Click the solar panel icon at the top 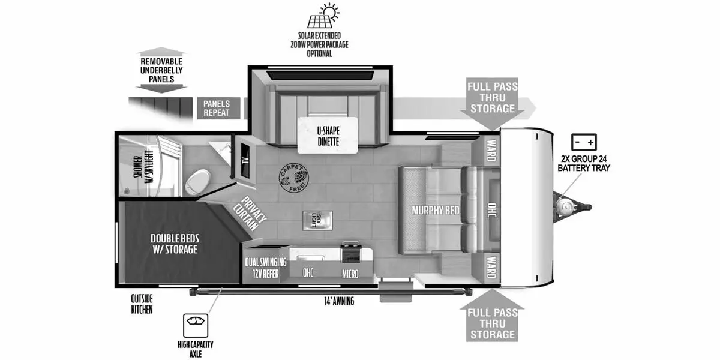pyautogui.click(x=323, y=16)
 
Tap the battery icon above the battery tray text pyautogui.click(x=584, y=142)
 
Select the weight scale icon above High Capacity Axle pyautogui.click(x=196, y=325)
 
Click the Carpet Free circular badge pyautogui.click(x=293, y=178)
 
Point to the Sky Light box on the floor pyautogui.click(x=317, y=221)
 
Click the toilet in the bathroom pyautogui.click(x=199, y=182)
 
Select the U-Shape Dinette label pyautogui.click(x=328, y=136)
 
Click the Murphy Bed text pyautogui.click(x=435, y=210)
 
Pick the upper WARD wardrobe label pyautogui.click(x=491, y=151)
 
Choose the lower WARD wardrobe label pyautogui.click(x=491, y=267)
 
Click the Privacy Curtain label pyautogui.click(x=250, y=213)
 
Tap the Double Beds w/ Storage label pyautogui.click(x=175, y=244)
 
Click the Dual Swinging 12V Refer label pyautogui.click(x=265, y=268)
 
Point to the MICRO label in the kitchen pyautogui.click(x=350, y=274)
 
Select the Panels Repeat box pyautogui.click(x=218, y=108)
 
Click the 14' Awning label pyautogui.click(x=339, y=301)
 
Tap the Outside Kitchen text pyautogui.click(x=142, y=304)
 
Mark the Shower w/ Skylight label pyautogui.click(x=143, y=167)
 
